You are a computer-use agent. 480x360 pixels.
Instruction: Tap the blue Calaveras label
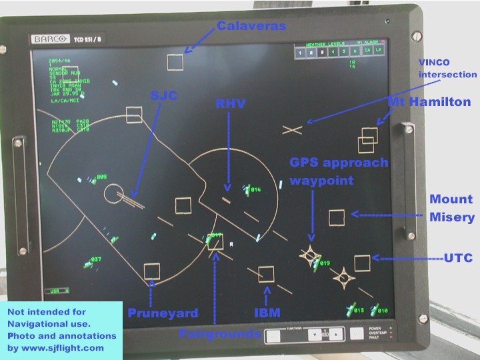pos(251,26)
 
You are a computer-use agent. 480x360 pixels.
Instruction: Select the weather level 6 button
pos(356,51)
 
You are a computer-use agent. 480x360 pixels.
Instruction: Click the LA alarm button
pos(379,51)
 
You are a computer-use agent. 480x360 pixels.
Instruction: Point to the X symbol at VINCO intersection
pos(292,130)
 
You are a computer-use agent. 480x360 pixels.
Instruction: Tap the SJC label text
pos(163,96)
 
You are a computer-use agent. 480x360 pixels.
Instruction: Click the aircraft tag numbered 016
pos(255,190)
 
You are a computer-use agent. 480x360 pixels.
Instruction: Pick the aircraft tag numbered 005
pos(101,177)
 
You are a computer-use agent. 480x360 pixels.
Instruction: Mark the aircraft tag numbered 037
pos(96,260)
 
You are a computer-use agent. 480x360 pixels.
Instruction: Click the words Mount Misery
pos(451,208)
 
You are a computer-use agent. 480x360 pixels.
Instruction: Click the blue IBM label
pos(267,312)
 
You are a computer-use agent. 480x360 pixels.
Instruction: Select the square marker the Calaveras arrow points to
pos(175,63)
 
